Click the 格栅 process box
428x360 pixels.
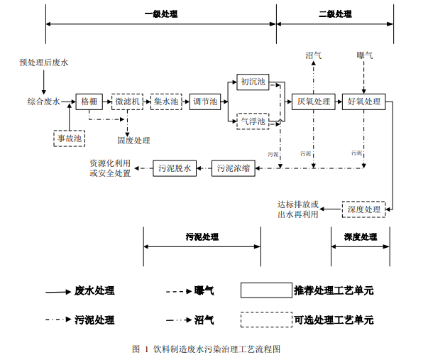tap(89, 102)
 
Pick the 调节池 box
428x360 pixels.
tap(206, 102)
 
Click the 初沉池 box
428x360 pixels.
tap(253, 82)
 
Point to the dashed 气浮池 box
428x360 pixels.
tap(253, 121)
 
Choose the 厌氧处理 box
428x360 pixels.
tap(313, 102)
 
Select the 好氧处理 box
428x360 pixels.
tap(364, 102)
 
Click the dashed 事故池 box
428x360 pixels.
tap(70, 138)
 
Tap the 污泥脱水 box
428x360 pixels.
tap(174, 168)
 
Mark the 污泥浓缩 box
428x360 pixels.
tap(233, 168)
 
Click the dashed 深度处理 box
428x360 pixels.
tap(363, 209)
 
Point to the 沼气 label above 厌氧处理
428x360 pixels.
tap(313, 55)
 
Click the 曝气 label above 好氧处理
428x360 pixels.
tap(364, 55)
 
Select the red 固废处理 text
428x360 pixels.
tap(133, 140)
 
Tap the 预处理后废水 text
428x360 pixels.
tap(44, 62)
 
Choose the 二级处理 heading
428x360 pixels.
tap(335, 13)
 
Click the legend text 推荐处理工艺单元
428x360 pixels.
tap(333, 290)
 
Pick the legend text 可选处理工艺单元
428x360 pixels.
tap(333, 320)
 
